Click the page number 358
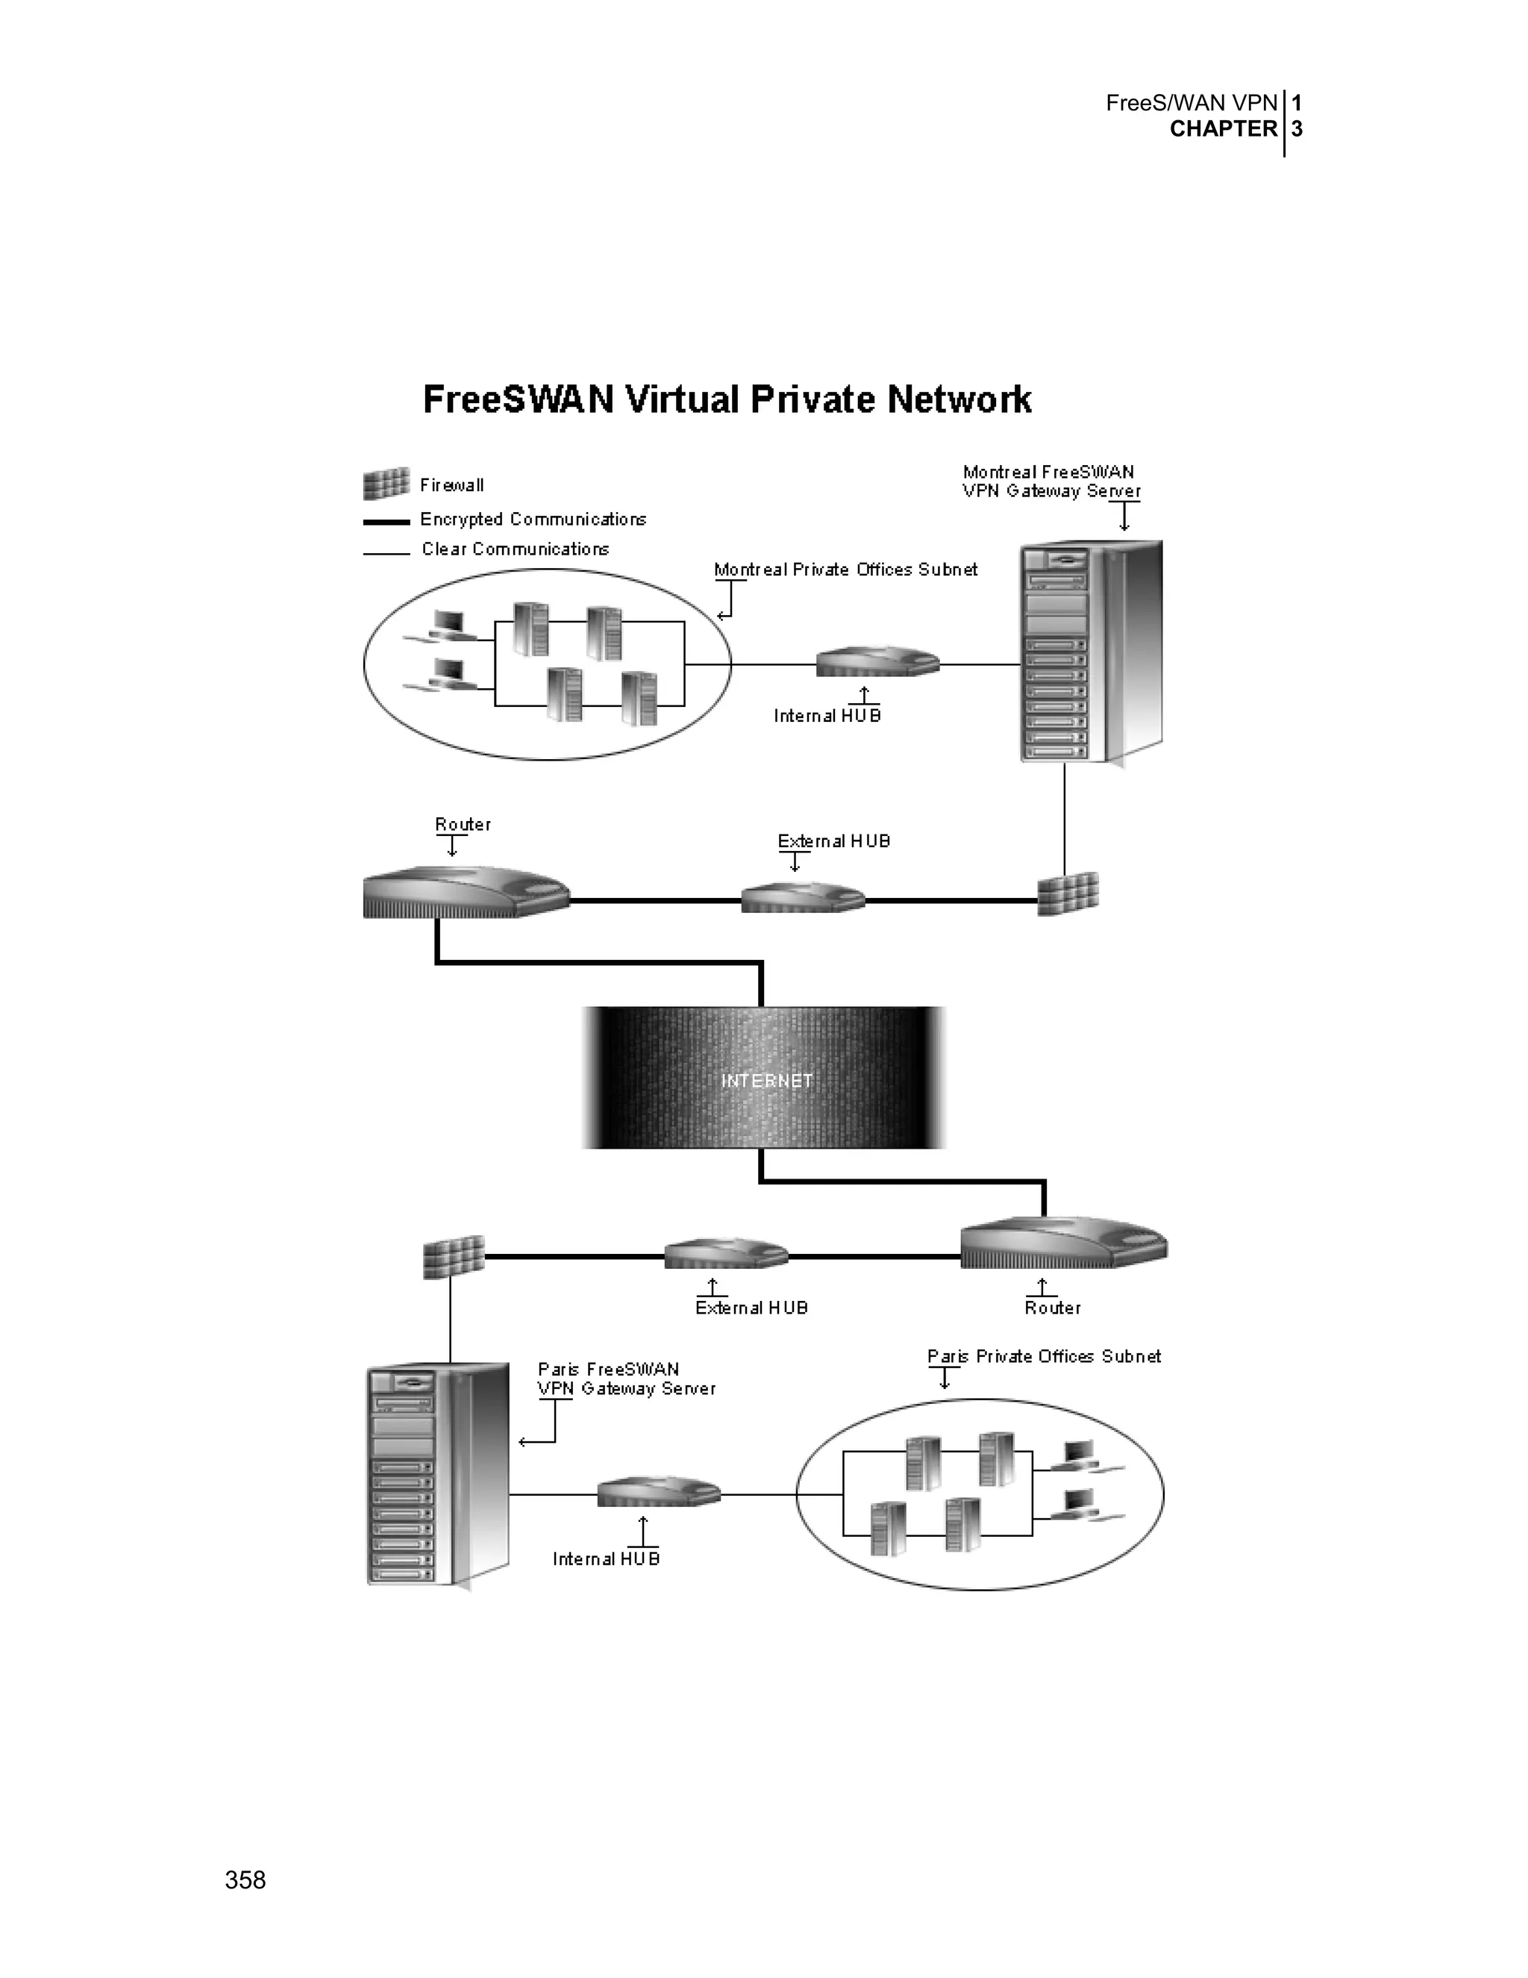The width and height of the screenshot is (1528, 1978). coord(245,1880)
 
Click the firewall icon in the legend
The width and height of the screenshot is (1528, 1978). coord(386,484)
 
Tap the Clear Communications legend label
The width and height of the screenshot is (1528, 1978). coord(515,549)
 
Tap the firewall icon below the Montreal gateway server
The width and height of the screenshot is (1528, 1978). coord(1068,894)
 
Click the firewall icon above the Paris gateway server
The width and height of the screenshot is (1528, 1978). coord(454,1256)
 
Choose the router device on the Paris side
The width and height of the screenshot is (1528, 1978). coord(1062,1244)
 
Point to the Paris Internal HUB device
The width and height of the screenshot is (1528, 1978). coord(658,1491)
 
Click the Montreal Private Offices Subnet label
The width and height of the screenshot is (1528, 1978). coord(845,570)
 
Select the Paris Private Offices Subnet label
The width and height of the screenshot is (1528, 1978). coord(1044,1355)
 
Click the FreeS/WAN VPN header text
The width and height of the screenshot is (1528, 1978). coord(1192,103)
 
